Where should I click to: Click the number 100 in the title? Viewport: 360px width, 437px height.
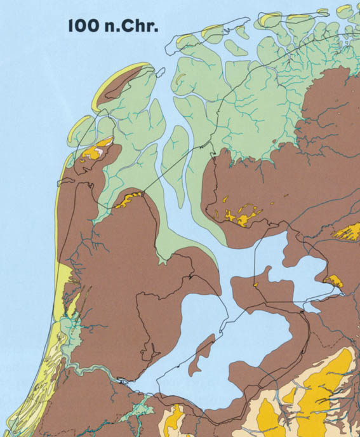[81, 27]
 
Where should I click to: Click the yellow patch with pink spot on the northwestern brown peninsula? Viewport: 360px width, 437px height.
[98, 151]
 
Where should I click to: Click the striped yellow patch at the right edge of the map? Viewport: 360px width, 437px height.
[349, 231]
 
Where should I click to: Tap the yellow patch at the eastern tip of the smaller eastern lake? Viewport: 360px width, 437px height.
[333, 280]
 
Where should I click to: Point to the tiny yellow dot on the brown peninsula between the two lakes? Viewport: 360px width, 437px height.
[255, 285]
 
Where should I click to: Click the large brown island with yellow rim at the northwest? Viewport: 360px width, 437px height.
[127, 83]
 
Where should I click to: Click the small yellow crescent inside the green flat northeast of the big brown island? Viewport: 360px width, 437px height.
[182, 79]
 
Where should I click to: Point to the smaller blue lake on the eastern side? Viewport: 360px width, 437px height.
[298, 273]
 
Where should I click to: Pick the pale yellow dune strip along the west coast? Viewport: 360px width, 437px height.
[60, 254]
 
